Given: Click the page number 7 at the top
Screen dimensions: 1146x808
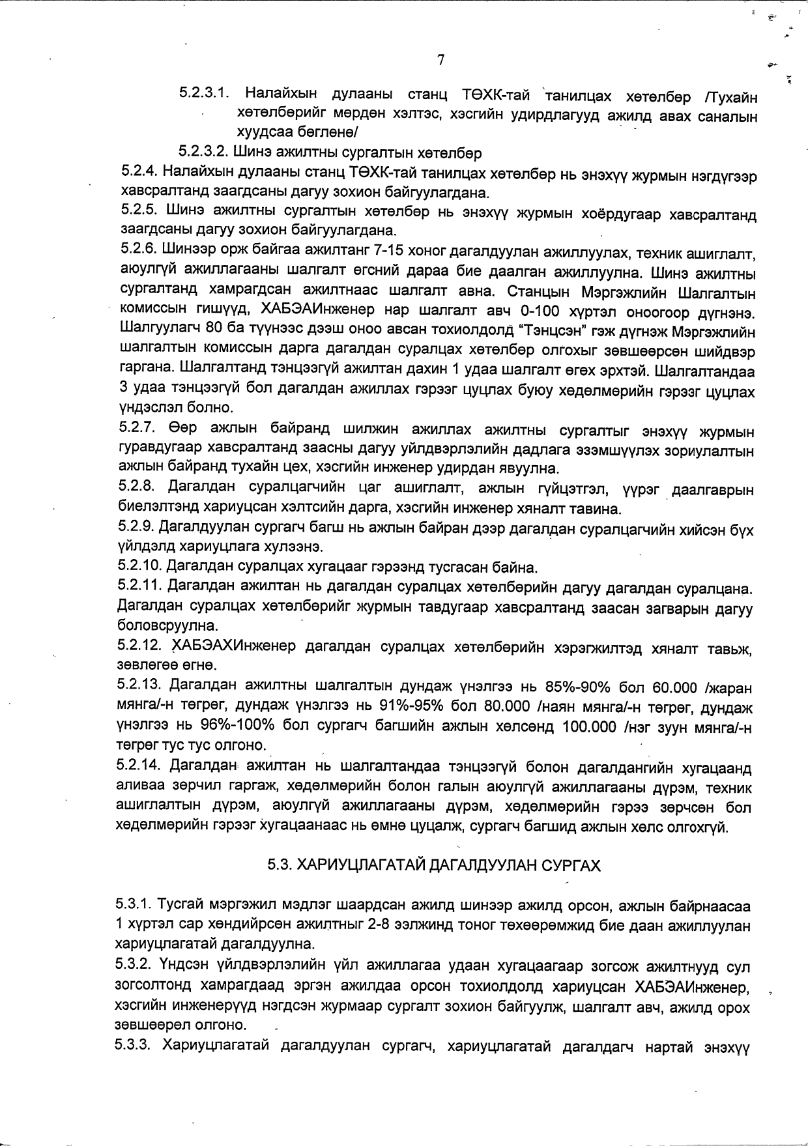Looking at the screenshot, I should pyautogui.click(x=440, y=60).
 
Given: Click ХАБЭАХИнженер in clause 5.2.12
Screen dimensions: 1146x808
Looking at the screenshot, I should pyautogui.click(x=233, y=647).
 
